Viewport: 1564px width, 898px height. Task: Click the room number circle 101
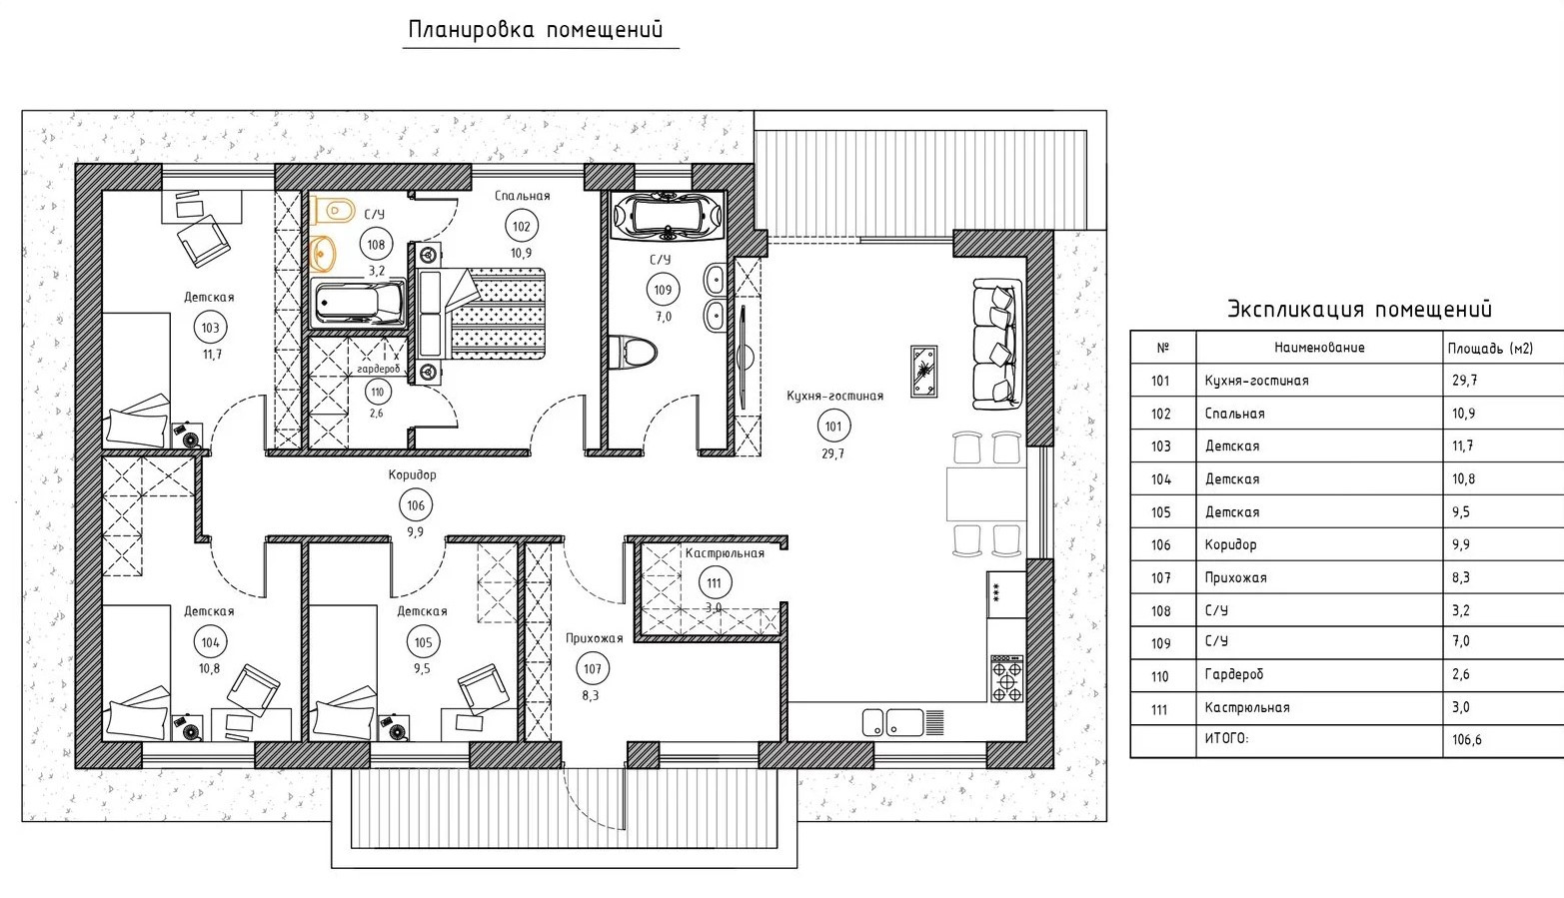point(833,427)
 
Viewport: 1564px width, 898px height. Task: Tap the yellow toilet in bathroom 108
point(333,210)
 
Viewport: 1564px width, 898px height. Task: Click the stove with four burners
point(1006,678)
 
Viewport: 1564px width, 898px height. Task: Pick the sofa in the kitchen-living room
point(997,344)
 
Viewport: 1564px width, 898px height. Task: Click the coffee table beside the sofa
point(923,371)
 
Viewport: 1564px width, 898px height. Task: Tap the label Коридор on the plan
point(413,475)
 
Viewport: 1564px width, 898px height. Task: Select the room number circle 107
point(592,669)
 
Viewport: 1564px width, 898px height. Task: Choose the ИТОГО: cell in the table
point(1227,738)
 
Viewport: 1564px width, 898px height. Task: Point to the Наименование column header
point(1319,348)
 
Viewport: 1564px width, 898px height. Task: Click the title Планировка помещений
point(536,30)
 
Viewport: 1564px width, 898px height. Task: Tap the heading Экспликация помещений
point(1359,309)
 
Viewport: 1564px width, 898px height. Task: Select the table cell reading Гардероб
point(1234,674)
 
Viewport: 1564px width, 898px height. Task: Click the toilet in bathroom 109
point(634,352)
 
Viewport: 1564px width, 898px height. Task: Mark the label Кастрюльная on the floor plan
point(725,553)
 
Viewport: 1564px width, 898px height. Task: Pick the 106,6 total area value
point(1467,739)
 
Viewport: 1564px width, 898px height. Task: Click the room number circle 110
point(377,393)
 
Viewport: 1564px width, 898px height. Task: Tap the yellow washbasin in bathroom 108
point(323,253)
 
